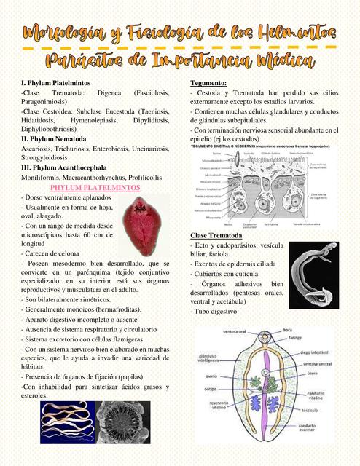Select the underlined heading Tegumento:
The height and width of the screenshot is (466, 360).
[208, 83]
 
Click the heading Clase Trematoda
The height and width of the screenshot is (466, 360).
[216, 237]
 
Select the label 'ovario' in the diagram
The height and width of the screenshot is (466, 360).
[216, 377]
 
